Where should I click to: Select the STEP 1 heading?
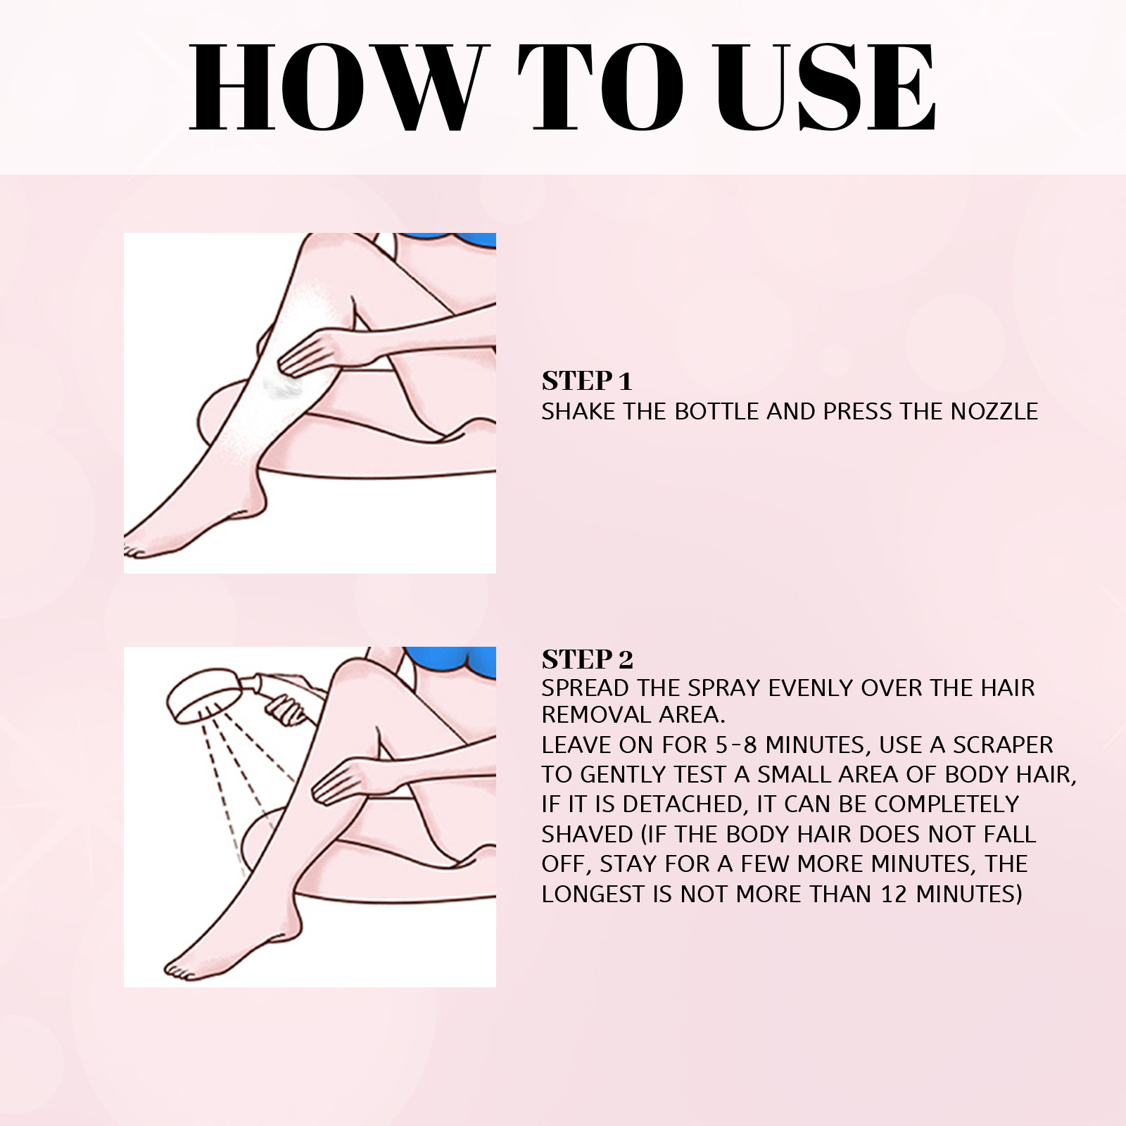click(587, 381)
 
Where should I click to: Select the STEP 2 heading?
click(587, 659)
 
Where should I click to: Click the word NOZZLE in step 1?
click(994, 412)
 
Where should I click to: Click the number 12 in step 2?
click(894, 894)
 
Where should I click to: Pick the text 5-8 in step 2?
click(736, 745)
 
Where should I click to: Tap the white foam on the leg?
click(282, 386)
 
